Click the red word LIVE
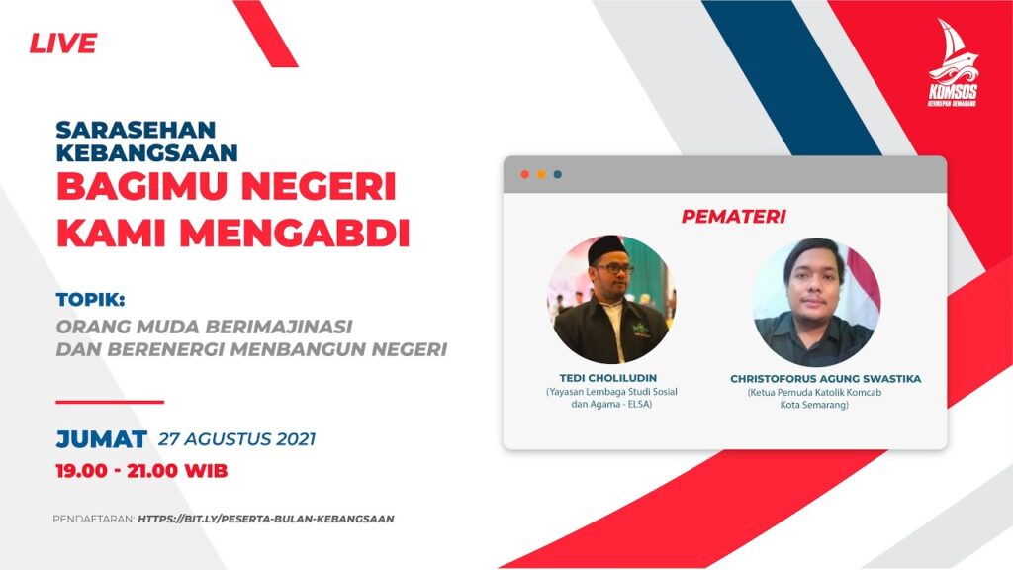[x=62, y=44]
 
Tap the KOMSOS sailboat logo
[x=953, y=62]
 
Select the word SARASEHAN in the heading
[x=136, y=130]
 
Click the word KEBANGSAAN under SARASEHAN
[x=146, y=152]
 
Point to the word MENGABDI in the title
[x=295, y=234]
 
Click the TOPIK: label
[x=90, y=299]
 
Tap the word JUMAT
[x=102, y=439]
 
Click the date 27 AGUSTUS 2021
[x=237, y=439]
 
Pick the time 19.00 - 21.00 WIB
[x=141, y=470]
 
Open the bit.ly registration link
[x=265, y=519]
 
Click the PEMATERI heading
[x=733, y=216]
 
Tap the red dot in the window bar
[x=524, y=174]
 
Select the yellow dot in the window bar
[x=541, y=174]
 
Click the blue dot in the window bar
[x=557, y=174]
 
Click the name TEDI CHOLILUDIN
[x=608, y=378]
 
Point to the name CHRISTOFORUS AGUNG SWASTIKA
[x=826, y=379]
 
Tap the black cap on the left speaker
[x=604, y=248]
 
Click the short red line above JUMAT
[x=110, y=402]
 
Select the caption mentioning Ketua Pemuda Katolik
[x=814, y=399]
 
